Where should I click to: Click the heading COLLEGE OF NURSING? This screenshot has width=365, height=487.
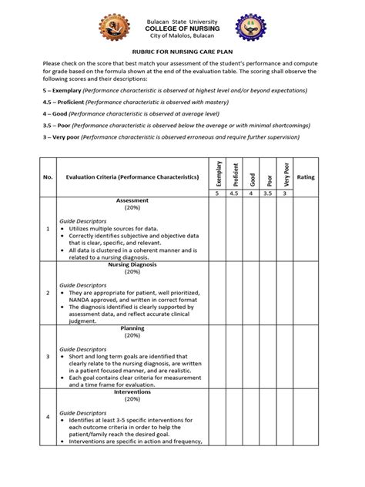[x=182, y=28]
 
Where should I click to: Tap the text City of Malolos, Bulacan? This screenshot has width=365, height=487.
[x=182, y=37]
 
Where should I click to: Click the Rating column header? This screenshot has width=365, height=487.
[x=306, y=176]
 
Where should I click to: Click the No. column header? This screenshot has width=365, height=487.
[x=48, y=176]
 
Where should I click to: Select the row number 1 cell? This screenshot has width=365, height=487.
[x=48, y=229]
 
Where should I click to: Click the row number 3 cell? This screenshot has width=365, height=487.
[x=48, y=356]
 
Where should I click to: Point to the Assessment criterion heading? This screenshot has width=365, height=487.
[x=132, y=200]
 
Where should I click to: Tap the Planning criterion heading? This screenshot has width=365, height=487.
[x=132, y=327]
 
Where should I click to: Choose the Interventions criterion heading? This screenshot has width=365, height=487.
[x=132, y=391]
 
